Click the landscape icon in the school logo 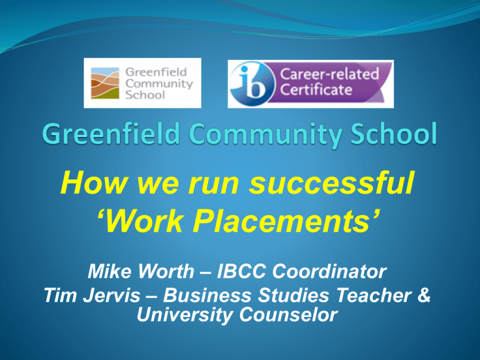click(105, 83)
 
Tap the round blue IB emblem click(252, 84)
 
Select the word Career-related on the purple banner click(329, 74)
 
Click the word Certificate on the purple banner click(316, 90)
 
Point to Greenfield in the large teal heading click(111, 134)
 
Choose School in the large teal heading click(394, 134)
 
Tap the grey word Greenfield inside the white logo click(156, 72)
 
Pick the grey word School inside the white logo click(145, 94)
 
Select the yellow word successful click(331, 182)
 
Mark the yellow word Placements click(286, 221)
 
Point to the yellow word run click(213, 186)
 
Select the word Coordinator click(329, 271)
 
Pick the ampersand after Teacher click(424, 296)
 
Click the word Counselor click(288, 315)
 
